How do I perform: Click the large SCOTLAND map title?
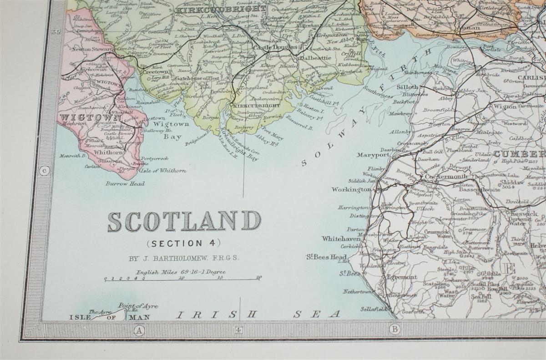coord(184,221)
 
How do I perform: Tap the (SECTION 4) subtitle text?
coord(183,243)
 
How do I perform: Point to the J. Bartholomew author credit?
coord(183,258)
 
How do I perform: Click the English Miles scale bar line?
coord(182,279)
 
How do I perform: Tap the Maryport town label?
coord(373,155)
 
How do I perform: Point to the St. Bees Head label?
coord(326,257)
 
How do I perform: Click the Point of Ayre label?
coord(138,306)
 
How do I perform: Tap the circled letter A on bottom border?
coord(138,330)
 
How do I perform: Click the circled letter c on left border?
coord(45,171)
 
